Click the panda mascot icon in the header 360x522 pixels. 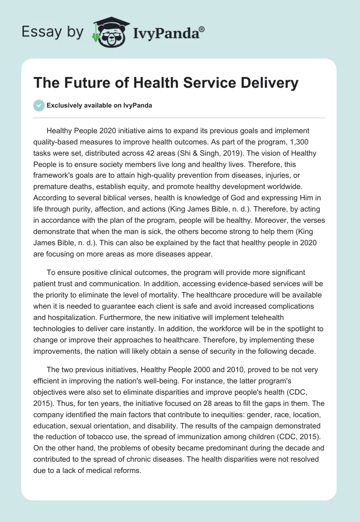(108, 31)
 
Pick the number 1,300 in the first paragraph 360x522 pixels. (281, 142)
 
